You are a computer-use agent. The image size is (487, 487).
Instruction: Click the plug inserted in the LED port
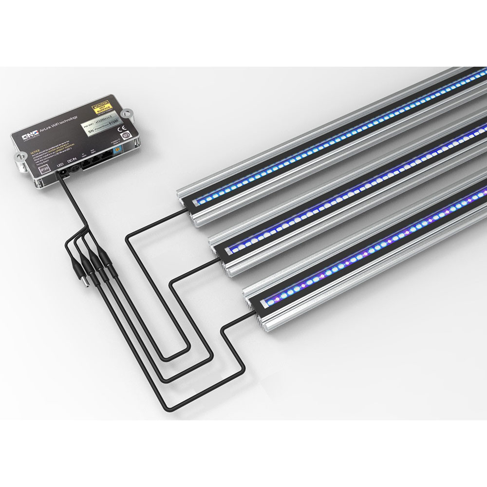tap(62, 175)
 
